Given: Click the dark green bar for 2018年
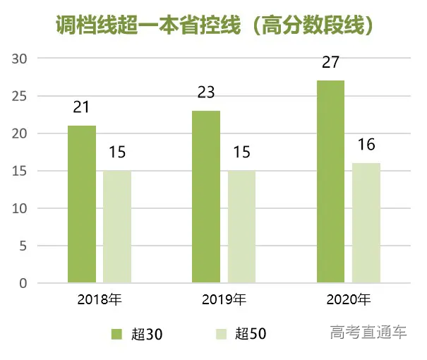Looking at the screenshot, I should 82,205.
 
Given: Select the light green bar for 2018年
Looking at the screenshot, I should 117,227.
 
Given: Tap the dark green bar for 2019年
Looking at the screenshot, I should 206,197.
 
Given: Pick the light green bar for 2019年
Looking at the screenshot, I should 241,227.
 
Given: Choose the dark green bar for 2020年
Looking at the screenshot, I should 330,182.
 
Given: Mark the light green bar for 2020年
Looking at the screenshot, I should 366,223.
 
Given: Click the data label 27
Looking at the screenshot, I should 330,63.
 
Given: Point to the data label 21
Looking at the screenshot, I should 82,108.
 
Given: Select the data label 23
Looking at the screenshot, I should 206,92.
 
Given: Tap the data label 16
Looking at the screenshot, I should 366,145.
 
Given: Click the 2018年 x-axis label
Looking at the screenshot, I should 100,299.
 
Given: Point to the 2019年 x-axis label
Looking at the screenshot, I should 224,299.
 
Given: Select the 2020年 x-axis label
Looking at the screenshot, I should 348,299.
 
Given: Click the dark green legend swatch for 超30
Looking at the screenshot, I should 116,333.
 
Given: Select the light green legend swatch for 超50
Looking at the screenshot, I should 220,333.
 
